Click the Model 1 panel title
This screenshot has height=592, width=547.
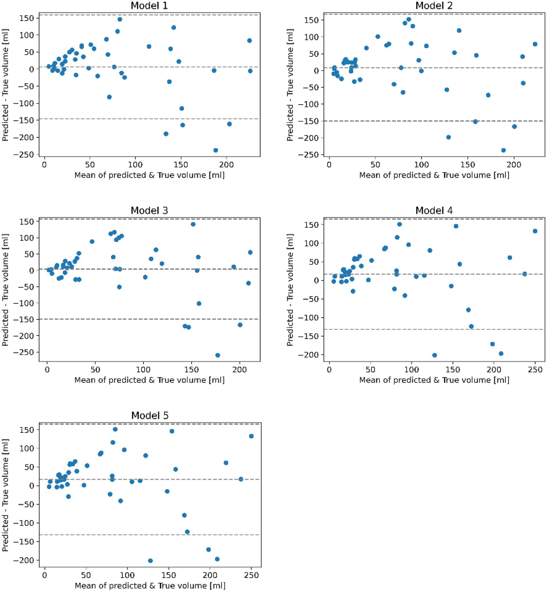coord(149,6)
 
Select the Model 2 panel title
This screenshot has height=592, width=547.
coord(434,6)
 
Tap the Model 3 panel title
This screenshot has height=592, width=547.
coord(149,211)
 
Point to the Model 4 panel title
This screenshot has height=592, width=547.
coord(434,211)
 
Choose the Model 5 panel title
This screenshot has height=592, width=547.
coord(150,416)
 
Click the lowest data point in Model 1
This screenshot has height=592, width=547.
coord(216,150)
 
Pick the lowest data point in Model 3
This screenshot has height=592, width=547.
coord(218,355)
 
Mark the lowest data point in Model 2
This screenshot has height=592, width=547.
coord(504,150)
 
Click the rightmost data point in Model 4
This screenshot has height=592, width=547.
coord(535,231)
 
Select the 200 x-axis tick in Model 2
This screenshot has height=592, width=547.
coord(514,165)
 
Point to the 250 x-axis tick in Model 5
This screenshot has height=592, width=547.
coord(251,575)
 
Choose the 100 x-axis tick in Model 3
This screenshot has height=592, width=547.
coord(143,370)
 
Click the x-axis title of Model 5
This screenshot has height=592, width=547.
coord(150,586)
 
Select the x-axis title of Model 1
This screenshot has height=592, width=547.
coord(149,175)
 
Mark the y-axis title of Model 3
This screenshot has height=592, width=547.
coord(5,290)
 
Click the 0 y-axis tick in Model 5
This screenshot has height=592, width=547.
coord(32,486)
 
